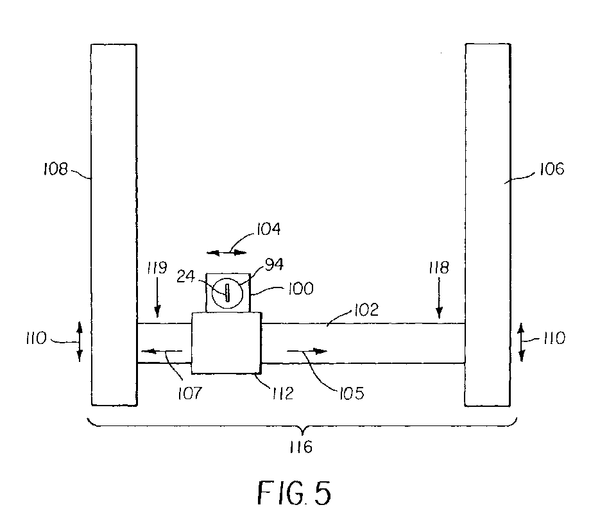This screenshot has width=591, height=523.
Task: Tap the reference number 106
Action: tap(551, 169)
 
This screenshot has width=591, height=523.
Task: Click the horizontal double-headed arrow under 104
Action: tap(228, 252)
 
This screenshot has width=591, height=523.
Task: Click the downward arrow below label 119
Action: tap(160, 307)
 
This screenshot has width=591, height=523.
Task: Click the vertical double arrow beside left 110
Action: tap(80, 342)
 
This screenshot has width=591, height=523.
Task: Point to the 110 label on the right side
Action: tap(551, 338)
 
